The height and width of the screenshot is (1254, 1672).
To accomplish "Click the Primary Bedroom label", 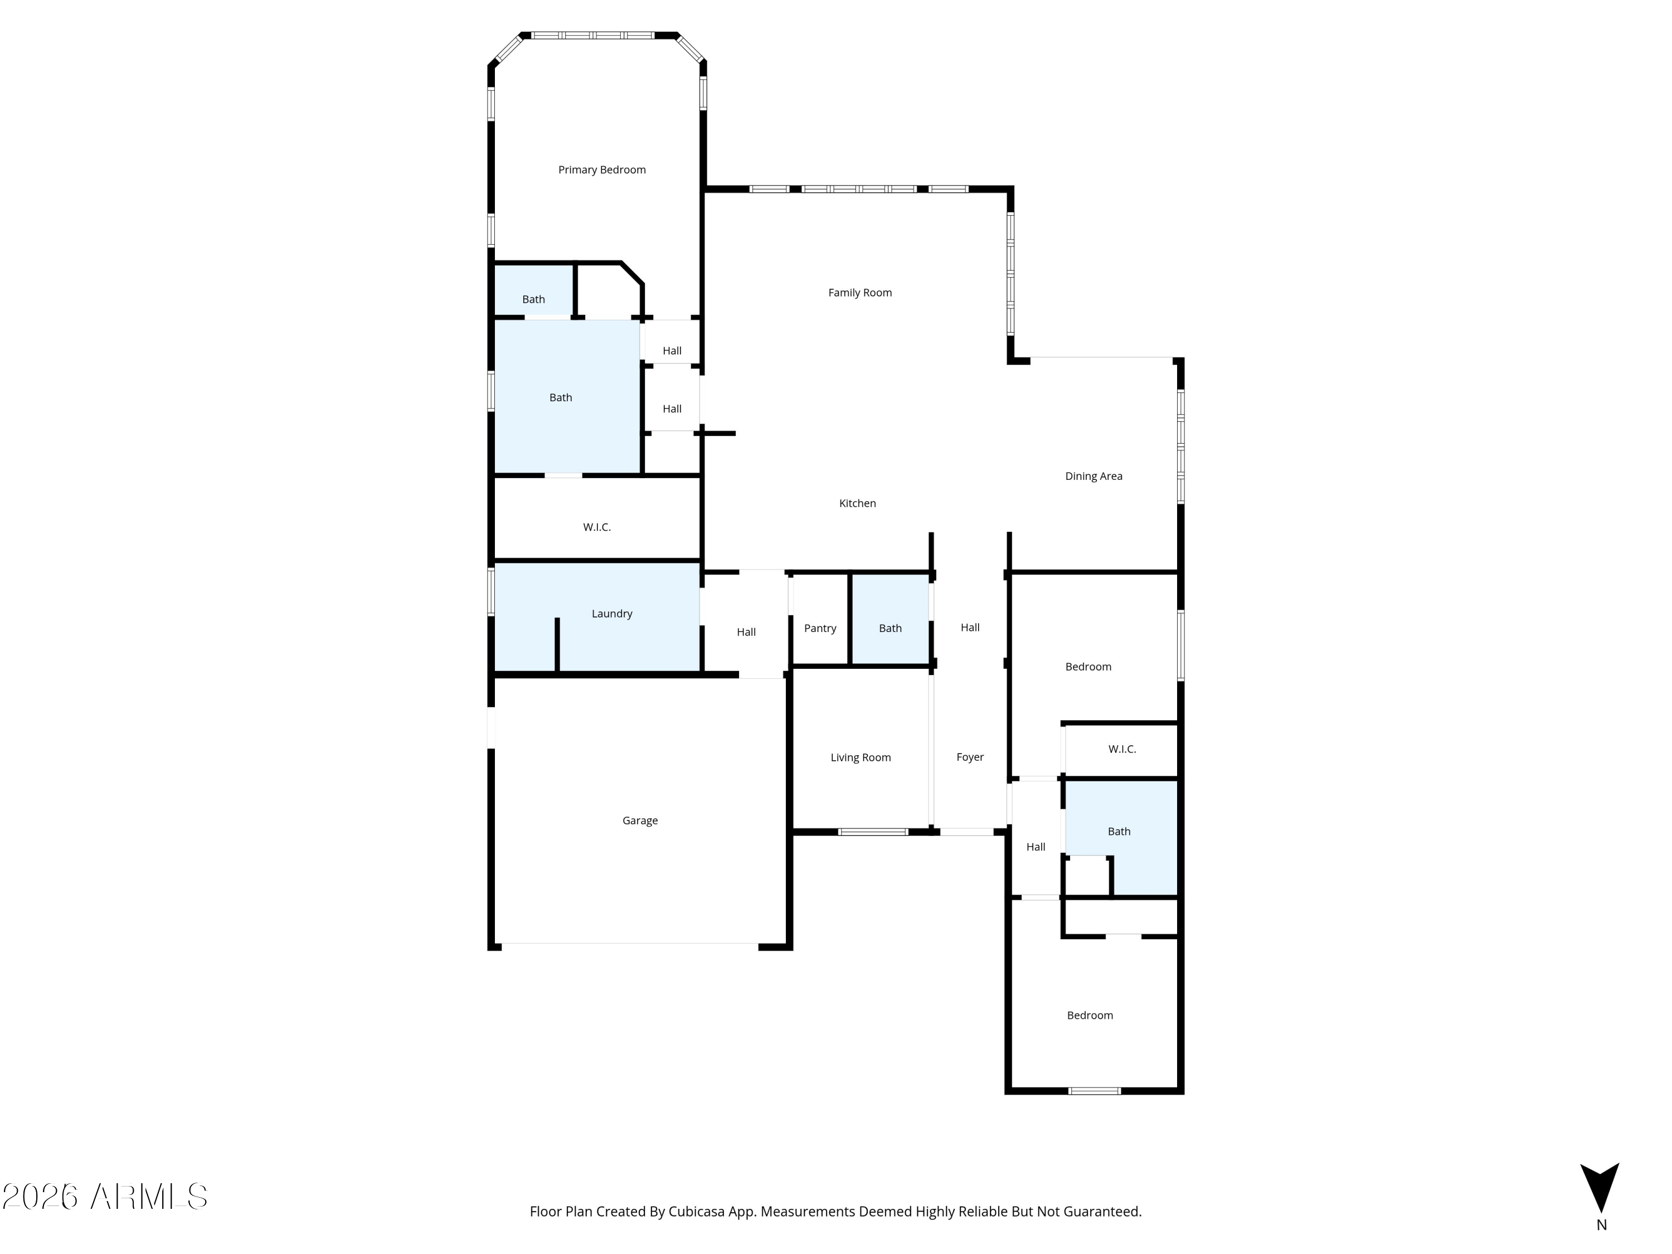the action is pos(602,170).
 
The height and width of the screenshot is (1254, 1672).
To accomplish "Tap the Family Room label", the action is pos(859,293).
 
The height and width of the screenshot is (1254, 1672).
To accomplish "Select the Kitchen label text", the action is pos(857,503).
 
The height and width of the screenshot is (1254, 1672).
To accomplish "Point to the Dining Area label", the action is pos(1093,476).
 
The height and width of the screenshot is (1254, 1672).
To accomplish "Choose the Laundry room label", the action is pos(611,614).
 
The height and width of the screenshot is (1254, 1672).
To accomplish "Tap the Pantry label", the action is pos(820,628).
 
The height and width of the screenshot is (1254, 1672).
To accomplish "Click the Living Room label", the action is pos(860,757).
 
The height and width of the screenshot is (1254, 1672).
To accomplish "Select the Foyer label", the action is pos(970,757).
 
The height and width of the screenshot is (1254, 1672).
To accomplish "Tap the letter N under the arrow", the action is pos(1601,1225).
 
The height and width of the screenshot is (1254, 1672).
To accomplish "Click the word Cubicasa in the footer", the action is pos(696,1212).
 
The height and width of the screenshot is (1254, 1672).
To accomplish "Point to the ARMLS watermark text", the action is pos(149,1197).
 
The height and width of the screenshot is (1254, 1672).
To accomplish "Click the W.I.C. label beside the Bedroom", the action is pos(1122,749).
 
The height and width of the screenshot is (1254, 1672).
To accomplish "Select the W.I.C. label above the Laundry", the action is pos(596,527).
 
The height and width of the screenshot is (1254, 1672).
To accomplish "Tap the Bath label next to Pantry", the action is pos(890,628).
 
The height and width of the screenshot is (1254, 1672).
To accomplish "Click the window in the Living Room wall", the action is pos(873,832).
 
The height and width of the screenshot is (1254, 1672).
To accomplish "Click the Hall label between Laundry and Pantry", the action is pos(746,632).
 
